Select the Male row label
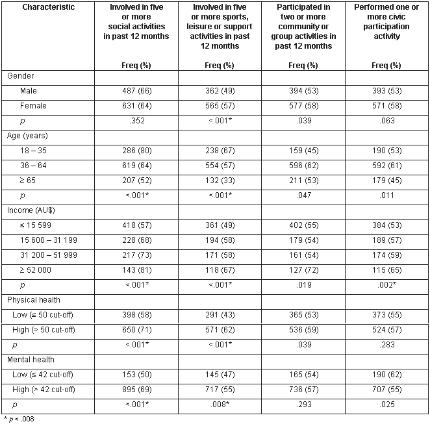(x=29, y=91)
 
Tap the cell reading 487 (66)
(x=136, y=91)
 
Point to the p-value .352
(x=136, y=121)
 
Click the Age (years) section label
(x=29, y=136)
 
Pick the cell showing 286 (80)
(x=136, y=151)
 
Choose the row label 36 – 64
(x=34, y=166)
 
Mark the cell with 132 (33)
(x=220, y=181)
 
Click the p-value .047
(x=303, y=195)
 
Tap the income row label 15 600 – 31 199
(x=49, y=240)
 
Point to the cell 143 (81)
(x=136, y=270)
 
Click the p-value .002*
(x=386, y=285)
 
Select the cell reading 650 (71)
(x=136, y=330)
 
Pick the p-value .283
(x=386, y=345)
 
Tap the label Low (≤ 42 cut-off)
(x=47, y=375)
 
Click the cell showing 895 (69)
(x=136, y=390)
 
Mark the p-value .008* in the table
(x=220, y=405)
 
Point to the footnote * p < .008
(x=19, y=419)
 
